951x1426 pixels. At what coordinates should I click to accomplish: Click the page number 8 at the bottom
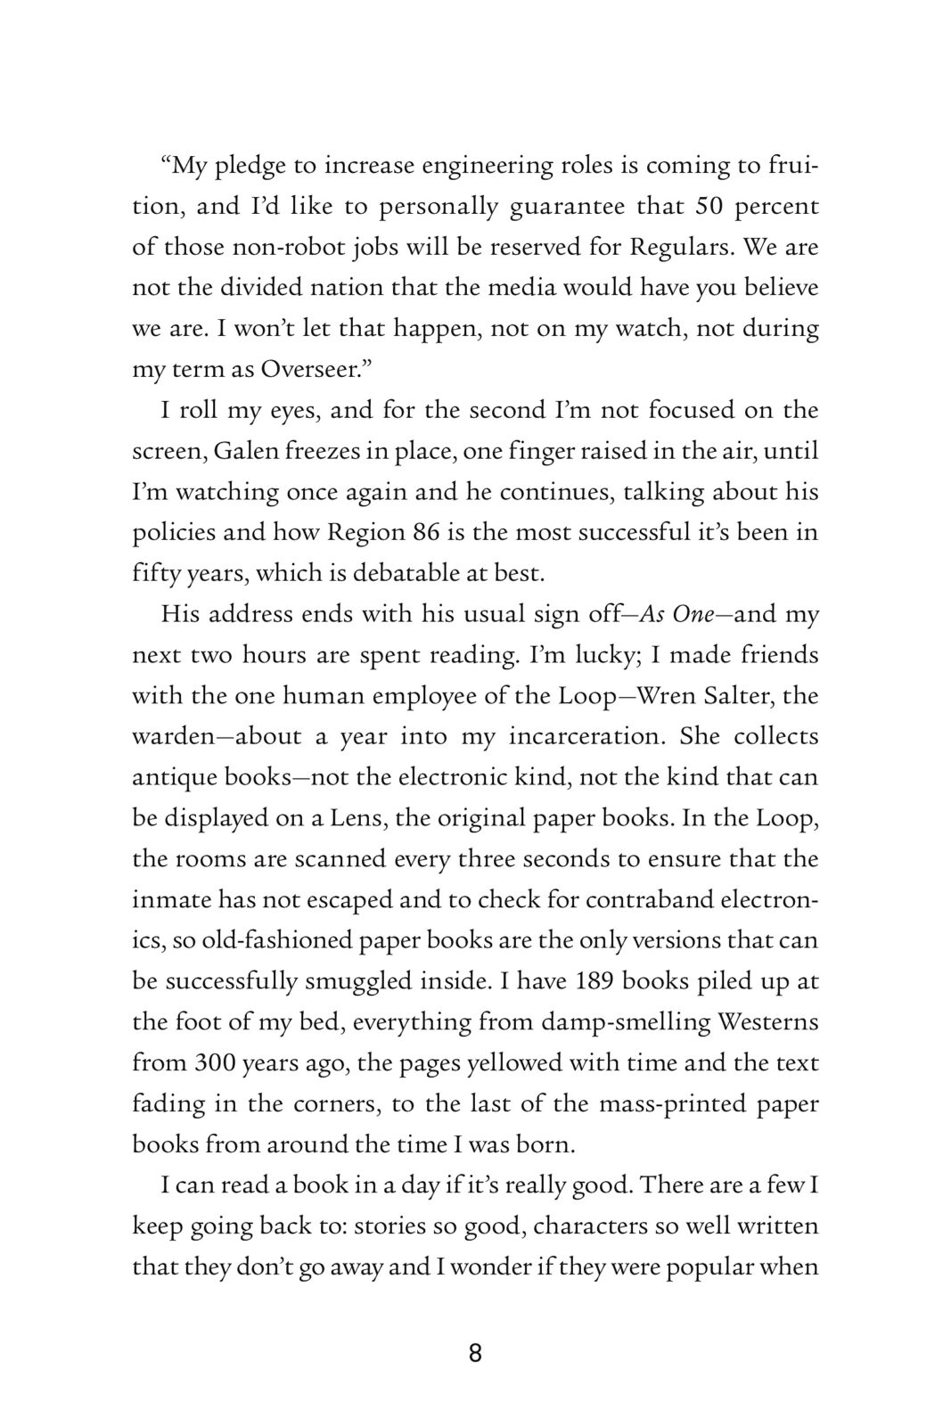click(x=475, y=1354)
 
